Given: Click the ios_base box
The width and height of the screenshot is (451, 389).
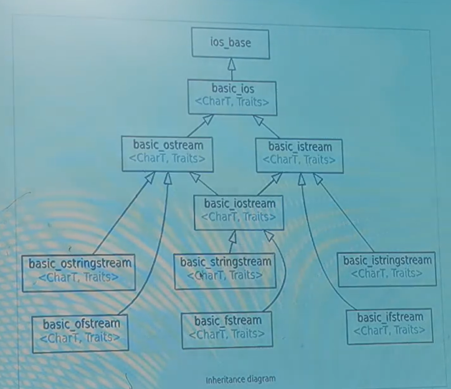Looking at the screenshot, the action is coord(231,43).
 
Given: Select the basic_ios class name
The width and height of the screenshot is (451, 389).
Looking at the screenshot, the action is coord(233,89).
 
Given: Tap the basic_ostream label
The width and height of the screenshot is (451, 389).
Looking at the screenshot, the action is coord(168,145).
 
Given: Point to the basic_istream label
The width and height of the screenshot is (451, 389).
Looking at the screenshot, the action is coord(300,146).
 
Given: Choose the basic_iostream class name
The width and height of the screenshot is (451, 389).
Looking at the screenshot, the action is coord(239,204).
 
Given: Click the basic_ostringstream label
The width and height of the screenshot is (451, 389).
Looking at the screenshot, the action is coord(79,263).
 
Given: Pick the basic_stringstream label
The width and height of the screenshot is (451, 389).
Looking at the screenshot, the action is coord(225,261).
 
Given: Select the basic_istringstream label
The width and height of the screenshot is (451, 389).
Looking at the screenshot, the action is coord(387,260).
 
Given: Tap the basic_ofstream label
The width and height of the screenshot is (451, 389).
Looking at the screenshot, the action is coord(81,324).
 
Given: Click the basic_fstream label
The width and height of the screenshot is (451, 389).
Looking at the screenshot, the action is coord(228,321).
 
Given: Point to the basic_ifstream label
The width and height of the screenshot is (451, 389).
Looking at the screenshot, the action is coord(390,317).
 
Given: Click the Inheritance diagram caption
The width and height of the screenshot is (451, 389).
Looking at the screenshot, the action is coord(240,380).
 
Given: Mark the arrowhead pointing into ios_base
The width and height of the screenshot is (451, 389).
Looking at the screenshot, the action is coord(231,63).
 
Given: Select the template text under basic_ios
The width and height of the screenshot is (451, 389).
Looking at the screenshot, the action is coord(232,101).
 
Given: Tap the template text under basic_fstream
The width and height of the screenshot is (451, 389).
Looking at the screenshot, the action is coord(227,333).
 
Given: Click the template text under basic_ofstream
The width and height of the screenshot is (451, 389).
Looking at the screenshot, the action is coord(79,338).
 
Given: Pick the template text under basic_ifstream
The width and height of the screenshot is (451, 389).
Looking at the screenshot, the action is coord(389,330).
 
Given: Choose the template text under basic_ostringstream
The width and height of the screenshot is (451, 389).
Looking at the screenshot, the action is coord(78,277).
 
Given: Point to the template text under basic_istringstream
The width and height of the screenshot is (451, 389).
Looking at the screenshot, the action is coord(386,273).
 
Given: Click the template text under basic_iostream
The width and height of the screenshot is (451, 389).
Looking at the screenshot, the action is coord(238,217).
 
